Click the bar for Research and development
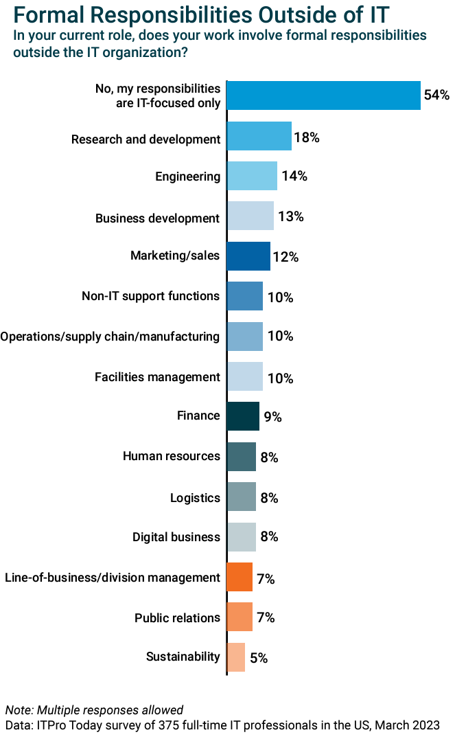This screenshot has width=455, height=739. pyautogui.click(x=259, y=136)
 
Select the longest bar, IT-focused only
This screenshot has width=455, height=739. pyautogui.click(x=323, y=95)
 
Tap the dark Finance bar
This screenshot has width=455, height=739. pyautogui.click(x=242, y=416)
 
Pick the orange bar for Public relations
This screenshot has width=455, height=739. pyautogui.click(x=239, y=617)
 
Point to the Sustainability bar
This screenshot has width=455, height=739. pyautogui.click(x=235, y=657)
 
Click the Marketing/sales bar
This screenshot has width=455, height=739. pyautogui.click(x=248, y=256)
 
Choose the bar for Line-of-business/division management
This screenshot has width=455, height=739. pyautogui.click(x=239, y=577)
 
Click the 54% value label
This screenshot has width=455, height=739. pyautogui.click(x=436, y=95)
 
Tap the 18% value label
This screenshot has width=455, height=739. pyautogui.click(x=307, y=137)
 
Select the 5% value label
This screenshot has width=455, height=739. pyautogui.click(x=259, y=658)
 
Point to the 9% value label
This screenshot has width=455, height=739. pyautogui.click(x=273, y=417)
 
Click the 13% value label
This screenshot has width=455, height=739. pyautogui.click(x=290, y=217)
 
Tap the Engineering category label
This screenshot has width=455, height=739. pyautogui.click(x=187, y=177)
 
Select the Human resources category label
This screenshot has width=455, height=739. pyautogui.click(x=171, y=456)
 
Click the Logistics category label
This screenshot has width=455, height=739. pyautogui.click(x=195, y=497)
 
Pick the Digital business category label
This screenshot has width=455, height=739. pyautogui.click(x=176, y=536)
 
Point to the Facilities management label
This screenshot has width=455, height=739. pyautogui.click(x=157, y=376)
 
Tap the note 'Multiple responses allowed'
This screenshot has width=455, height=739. pyautogui.click(x=94, y=709)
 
